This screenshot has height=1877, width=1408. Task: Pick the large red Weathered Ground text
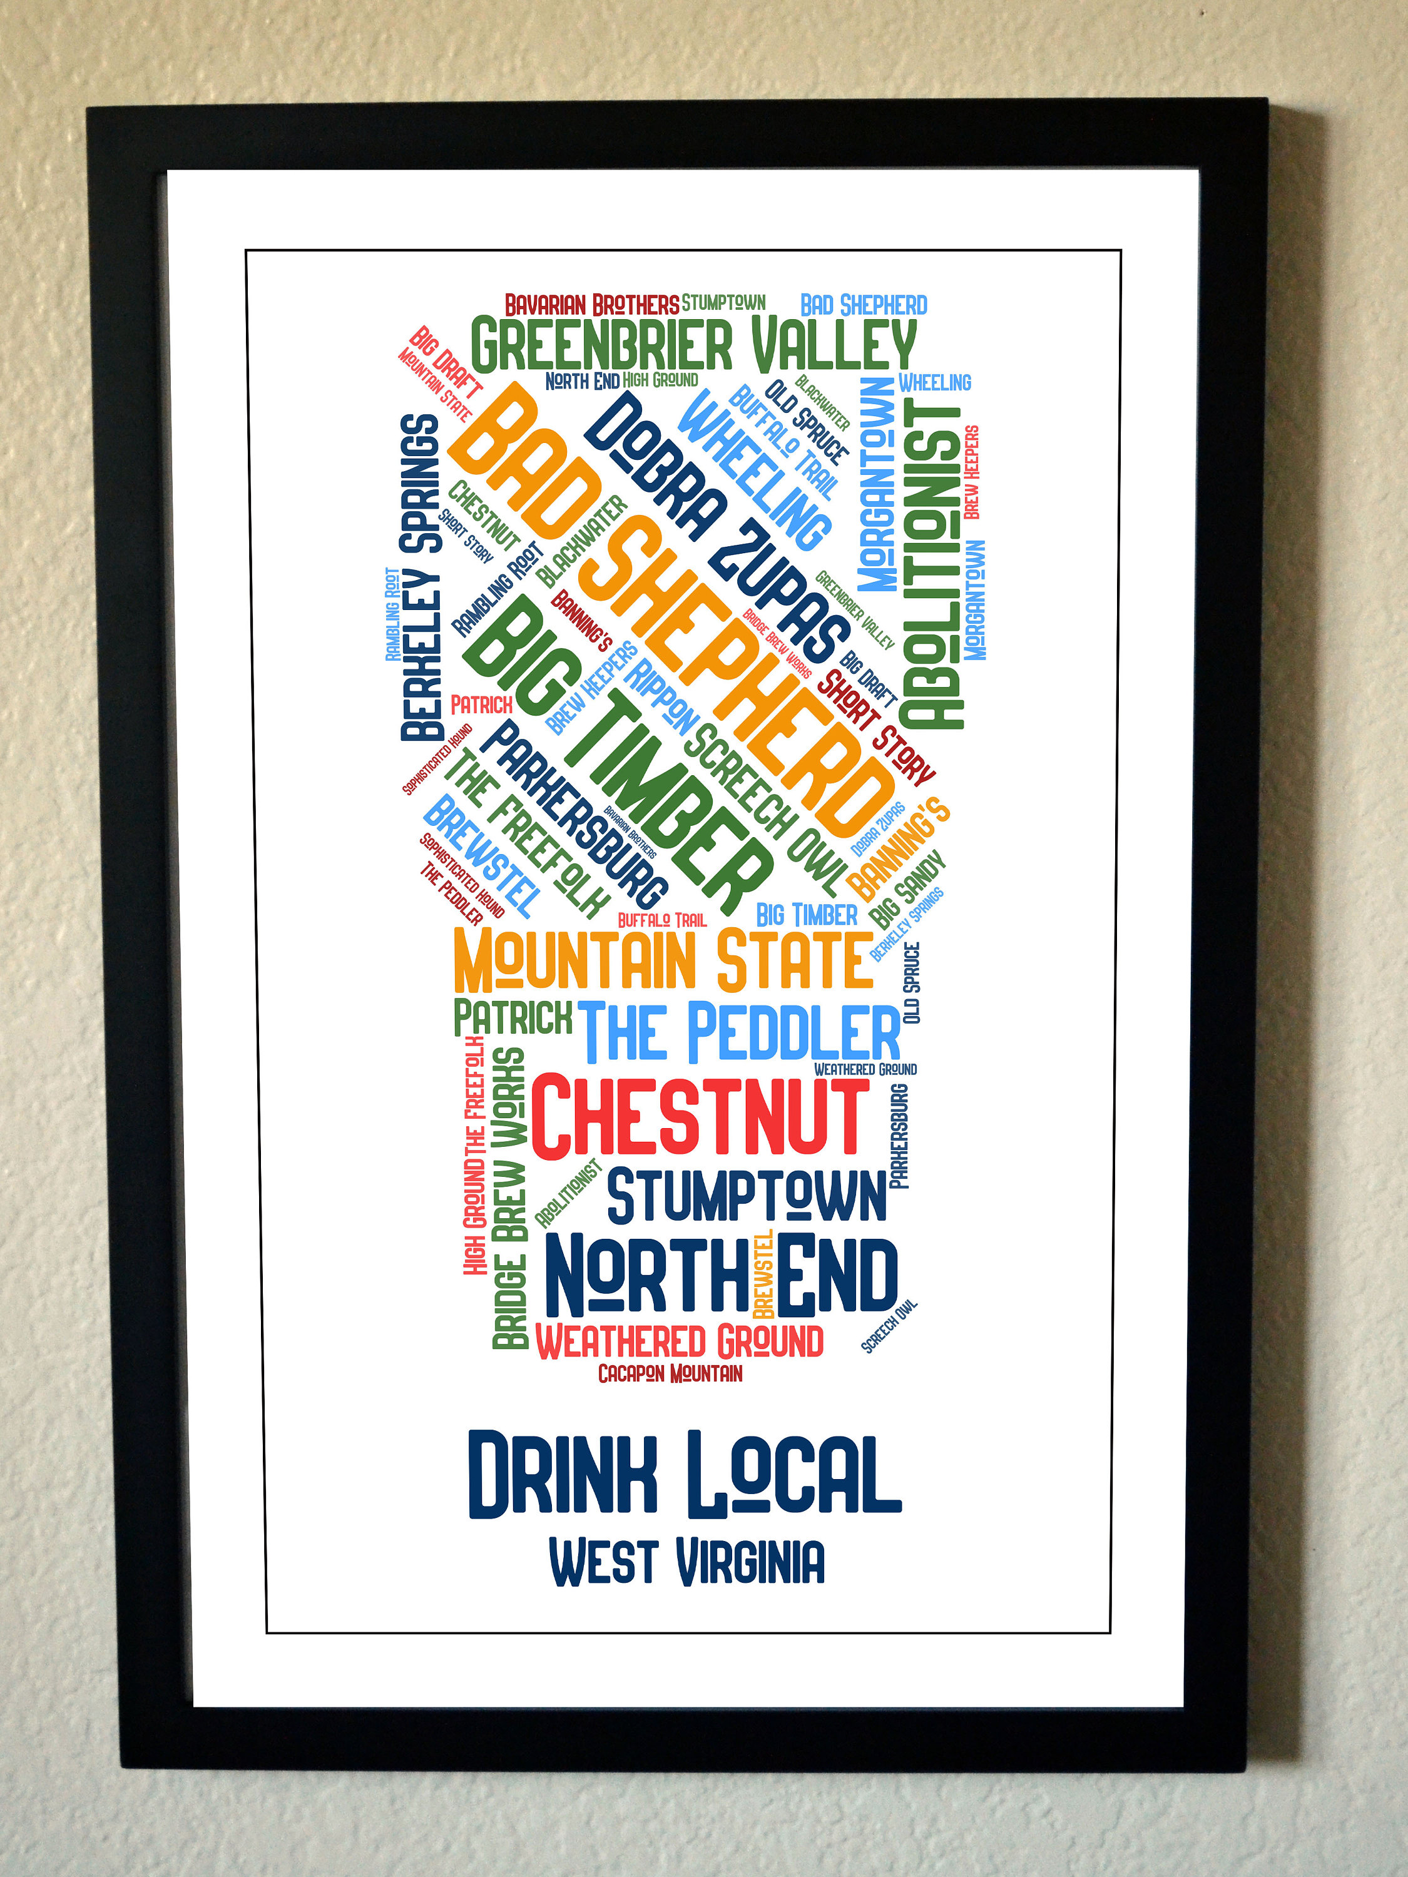click(x=679, y=1341)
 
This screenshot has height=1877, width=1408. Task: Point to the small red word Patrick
click(x=481, y=705)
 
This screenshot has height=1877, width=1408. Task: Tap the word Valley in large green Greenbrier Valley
click(x=834, y=345)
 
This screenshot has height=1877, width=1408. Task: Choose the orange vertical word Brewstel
click(x=763, y=1273)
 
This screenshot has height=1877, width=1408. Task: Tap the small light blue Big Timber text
click(x=806, y=915)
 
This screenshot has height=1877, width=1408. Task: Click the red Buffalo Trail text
click(x=661, y=920)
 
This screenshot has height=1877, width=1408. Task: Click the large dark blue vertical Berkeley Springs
click(x=422, y=577)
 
